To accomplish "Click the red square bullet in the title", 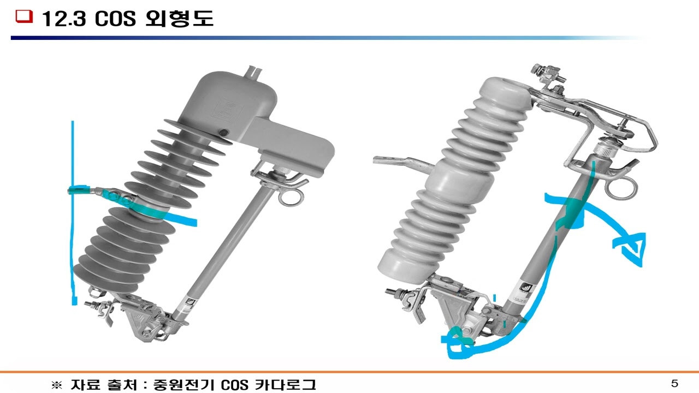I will [x=22, y=17].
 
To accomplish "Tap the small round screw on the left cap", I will [x=223, y=133].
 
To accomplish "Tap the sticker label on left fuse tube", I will [x=188, y=302].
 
